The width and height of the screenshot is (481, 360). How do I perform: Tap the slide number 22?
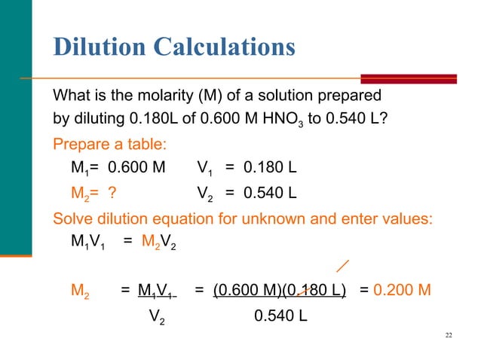(x=449, y=334)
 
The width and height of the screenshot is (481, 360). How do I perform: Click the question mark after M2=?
(x=111, y=194)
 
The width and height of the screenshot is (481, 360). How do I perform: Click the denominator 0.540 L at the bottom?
(x=280, y=315)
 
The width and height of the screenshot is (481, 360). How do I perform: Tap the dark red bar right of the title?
(x=409, y=78)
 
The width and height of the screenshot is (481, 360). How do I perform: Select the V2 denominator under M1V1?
(x=156, y=316)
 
